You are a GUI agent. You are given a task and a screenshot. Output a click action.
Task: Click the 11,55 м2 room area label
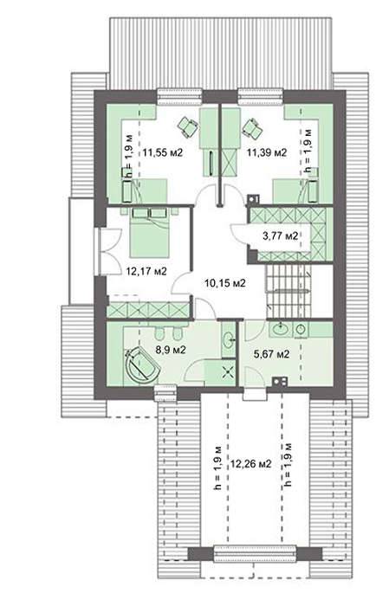pyautogui.click(x=162, y=152)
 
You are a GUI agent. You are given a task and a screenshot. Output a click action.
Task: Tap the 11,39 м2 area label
pyautogui.click(x=267, y=152)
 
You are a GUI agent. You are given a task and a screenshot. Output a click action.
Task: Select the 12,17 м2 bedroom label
pyautogui.click(x=146, y=271)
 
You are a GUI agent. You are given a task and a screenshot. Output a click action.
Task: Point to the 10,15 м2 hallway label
pyautogui.click(x=225, y=283)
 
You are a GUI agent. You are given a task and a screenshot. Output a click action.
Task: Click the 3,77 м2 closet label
pyautogui.click(x=281, y=235)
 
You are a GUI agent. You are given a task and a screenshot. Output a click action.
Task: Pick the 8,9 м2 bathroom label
pyautogui.click(x=171, y=350)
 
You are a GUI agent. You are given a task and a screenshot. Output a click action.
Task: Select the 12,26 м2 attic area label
pyautogui.click(x=251, y=463)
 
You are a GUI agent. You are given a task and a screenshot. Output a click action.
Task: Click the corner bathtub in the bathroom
pyautogui.click(x=141, y=365)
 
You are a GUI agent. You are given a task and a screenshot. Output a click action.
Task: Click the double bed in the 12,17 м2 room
pyautogui.click(x=150, y=233)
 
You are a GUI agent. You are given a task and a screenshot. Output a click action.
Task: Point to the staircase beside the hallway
pyautogui.click(x=289, y=291)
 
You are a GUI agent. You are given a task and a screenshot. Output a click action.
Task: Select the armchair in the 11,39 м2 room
pyautogui.click(x=252, y=128)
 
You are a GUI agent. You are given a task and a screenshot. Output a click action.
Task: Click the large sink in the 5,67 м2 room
pyautogui.click(x=280, y=329)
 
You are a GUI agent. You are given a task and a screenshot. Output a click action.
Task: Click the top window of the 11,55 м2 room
pyautogui.click(x=180, y=97)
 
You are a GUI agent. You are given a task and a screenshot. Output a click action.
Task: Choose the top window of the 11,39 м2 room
pyautogui.click(x=261, y=97)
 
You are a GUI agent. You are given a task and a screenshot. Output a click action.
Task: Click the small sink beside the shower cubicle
pyautogui.click(x=229, y=339)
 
